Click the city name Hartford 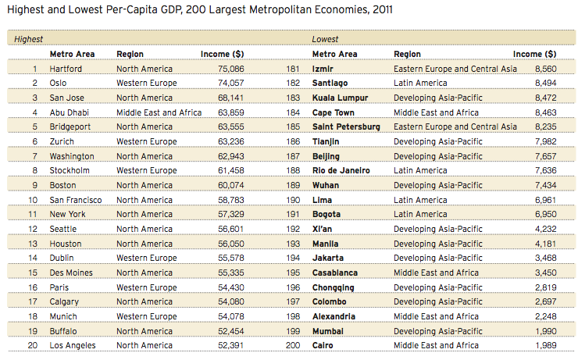coord(66,69)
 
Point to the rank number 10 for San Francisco coord(33,200)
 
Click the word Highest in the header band coord(29,39)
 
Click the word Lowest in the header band coord(325,39)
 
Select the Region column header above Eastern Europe coord(407,54)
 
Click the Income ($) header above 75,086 coord(222,54)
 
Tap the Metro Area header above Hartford coord(72,54)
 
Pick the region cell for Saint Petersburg coord(455,127)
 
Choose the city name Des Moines coord(72,273)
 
